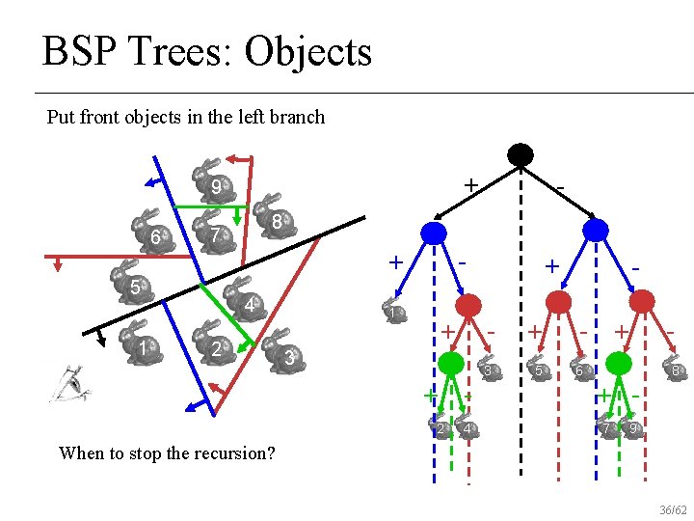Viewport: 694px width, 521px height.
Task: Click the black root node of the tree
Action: point(520,154)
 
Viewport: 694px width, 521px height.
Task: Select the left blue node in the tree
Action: point(434,232)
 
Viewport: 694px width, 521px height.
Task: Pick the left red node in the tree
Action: point(469,306)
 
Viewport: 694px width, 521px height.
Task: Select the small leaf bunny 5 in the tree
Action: point(540,369)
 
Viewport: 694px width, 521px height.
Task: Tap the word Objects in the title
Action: point(308,51)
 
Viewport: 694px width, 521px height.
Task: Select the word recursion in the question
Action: point(224,452)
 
